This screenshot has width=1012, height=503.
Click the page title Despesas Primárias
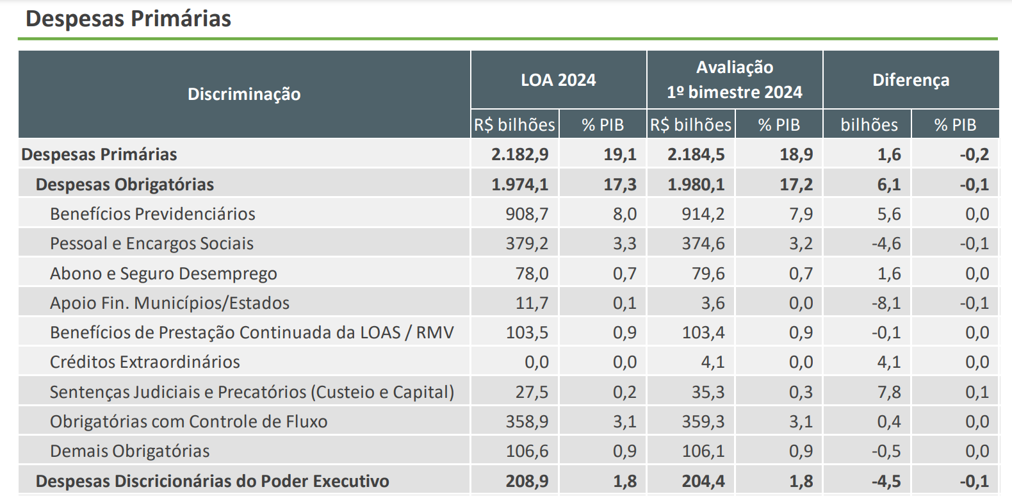(128, 19)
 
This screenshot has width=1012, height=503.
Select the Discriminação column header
(244, 94)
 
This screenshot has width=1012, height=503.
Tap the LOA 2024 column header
(558, 80)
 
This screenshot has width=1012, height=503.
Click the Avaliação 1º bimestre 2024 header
(735, 80)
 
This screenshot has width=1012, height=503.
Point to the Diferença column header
(911, 80)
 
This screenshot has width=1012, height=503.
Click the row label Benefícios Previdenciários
(152, 214)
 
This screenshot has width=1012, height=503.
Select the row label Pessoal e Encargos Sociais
(152, 243)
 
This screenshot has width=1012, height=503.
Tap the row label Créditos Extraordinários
(145, 362)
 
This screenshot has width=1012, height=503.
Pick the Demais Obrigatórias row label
(130, 451)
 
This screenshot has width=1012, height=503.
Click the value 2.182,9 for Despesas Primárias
(520, 154)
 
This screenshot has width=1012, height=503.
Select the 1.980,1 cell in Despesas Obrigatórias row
(696, 185)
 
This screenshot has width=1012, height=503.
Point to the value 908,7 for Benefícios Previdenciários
(527, 214)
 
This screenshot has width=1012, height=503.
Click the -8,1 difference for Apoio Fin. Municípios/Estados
(886, 303)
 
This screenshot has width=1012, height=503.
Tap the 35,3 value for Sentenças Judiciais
(708, 392)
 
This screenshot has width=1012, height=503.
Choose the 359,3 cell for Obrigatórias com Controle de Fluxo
(703, 422)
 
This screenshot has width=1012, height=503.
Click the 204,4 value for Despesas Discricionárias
(703, 481)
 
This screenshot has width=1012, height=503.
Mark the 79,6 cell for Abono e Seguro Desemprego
(708, 274)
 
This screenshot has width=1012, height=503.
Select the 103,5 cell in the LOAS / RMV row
(527, 333)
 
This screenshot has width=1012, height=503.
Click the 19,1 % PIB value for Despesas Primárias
(620, 154)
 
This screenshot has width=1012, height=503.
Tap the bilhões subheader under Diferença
(869, 125)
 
